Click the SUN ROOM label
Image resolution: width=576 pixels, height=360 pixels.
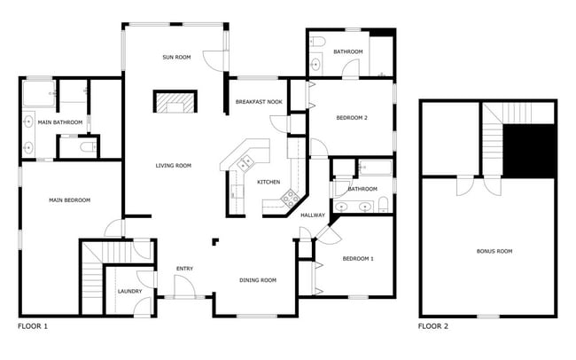click(x=176, y=57)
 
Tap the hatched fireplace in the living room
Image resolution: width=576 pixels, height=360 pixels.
click(x=175, y=101)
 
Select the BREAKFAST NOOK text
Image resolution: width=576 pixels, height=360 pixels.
click(x=259, y=102)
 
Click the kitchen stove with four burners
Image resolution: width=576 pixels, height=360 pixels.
click(x=290, y=198)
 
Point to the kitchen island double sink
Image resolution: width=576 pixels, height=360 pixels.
click(x=245, y=163)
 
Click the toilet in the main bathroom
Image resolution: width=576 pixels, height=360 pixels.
click(x=88, y=147)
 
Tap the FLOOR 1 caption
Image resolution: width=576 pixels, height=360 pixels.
click(x=33, y=326)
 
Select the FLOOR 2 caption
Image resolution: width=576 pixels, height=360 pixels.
click(x=433, y=326)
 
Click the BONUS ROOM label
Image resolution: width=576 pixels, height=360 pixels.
click(x=494, y=252)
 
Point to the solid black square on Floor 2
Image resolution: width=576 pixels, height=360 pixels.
click(x=528, y=151)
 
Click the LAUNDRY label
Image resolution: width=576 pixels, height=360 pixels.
click(x=129, y=291)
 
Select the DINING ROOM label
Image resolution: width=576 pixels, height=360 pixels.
click(x=258, y=280)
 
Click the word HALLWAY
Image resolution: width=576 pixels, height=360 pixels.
click(x=313, y=215)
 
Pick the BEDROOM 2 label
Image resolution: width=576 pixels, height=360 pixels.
click(x=352, y=118)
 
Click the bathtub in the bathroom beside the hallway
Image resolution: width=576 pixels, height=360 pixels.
click(x=376, y=168)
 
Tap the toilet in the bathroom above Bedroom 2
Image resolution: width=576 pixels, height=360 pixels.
click(x=317, y=42)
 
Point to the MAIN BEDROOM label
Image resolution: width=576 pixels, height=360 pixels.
click(x=70, y=200)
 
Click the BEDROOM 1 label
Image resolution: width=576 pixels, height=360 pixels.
click(x=358, y=259)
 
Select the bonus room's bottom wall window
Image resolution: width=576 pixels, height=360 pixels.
click(x=488, y=317)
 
